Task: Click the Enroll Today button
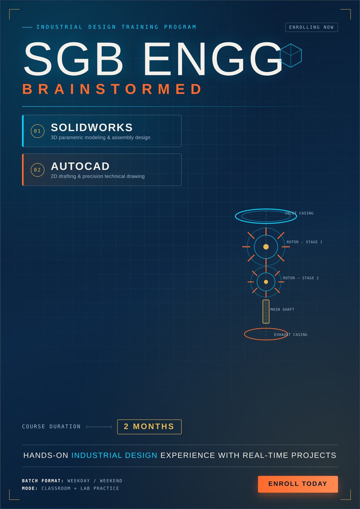(x=298, y=484)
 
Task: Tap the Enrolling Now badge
(x=311, y=27)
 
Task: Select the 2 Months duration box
(x=149, y=426)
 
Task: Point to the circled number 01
(x=38, y=131)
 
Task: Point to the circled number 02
(x=38, y=170)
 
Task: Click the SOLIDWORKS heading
(x=92, y=128)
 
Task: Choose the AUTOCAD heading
(x=80, y=166)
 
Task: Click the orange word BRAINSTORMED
(x=112, y=89)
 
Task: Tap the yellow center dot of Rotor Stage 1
(x=266, y=247)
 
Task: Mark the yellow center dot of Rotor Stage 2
(x=266, y=282)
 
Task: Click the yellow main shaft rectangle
(x=263, y=311)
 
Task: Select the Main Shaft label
(x=282, y=309)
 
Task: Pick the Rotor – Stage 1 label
(x=304, y=242)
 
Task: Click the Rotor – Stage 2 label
(x=301, y=278)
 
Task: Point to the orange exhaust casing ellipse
(x=244, y=334)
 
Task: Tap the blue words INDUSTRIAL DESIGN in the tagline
(x=114, y=455)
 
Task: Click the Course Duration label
(x=51, y=426)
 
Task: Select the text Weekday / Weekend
(x=95, y=481)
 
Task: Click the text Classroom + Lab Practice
(x=80, y=488)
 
